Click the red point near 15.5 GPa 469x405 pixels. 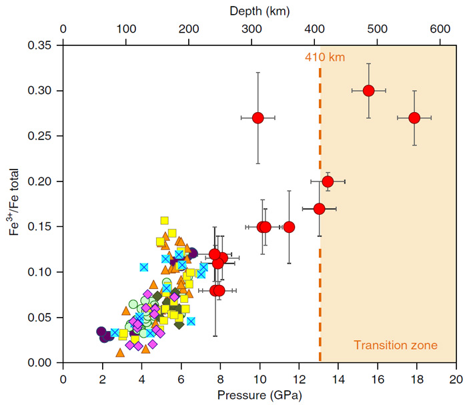pos(368,91)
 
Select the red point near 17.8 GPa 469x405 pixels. pos(414,117)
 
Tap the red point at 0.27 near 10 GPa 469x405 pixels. pos(258,118)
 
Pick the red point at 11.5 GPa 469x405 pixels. pos(289,227)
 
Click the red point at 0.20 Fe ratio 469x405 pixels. pos(328,181)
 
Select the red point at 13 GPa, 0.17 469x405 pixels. pos(319,209)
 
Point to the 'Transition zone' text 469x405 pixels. pos(396,345)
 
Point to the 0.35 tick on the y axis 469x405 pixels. pos(41,45)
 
